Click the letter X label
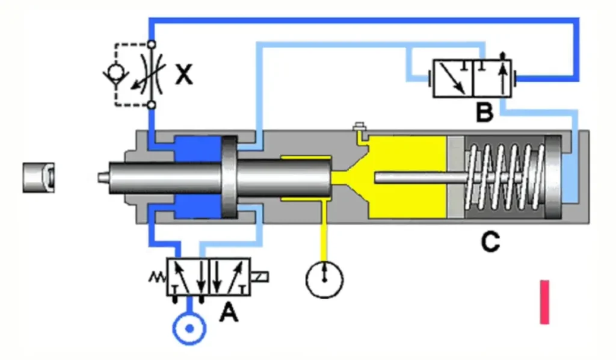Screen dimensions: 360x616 184,75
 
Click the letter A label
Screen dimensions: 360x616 229,311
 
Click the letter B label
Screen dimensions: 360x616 484,111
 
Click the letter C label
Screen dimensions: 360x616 490,241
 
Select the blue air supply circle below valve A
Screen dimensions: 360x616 189,329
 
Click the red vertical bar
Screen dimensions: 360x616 544,302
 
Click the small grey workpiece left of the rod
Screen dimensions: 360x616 38,177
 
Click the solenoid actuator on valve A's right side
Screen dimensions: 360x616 260,277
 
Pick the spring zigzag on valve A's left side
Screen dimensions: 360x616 158,278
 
